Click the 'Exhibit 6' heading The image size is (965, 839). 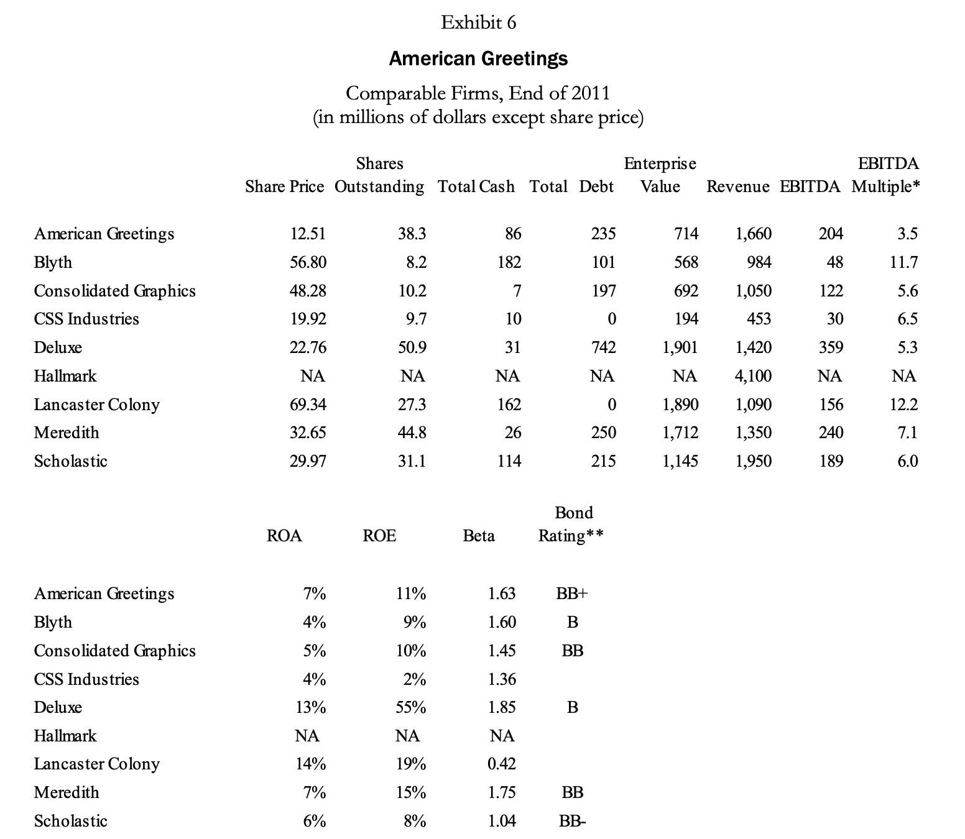(478, 23)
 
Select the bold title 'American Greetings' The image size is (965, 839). (478, 58)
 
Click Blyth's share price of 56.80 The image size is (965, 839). (308, 262)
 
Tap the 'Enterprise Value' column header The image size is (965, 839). (660, 175)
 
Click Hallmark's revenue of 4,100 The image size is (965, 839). (753, 376)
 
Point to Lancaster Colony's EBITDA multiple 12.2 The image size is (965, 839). (903, 405)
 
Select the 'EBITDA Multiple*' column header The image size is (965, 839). (886, 175)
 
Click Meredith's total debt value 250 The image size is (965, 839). (603, 433)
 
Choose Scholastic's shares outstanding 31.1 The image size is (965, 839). (412, 461)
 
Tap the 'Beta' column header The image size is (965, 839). (479, 536)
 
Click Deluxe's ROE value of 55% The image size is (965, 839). (411, 707)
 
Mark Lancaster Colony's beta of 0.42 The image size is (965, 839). (501, 764)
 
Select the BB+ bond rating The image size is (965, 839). (571, 594)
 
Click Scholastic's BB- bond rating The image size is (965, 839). (572, 821)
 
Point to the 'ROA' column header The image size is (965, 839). (284, 536)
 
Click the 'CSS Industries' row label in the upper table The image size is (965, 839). (86, 319)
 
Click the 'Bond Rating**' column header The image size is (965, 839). (571, 524)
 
